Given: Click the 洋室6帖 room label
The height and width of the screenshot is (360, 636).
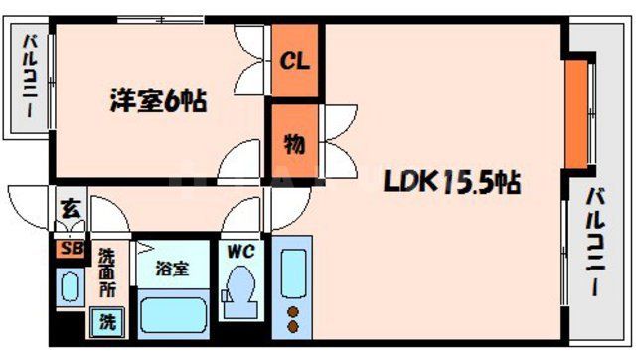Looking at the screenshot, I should click(x=157, y=101).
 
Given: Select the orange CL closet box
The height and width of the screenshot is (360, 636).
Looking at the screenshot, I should click(x=295, y=61).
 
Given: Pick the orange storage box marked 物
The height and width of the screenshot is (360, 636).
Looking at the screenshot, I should click(x=295, y=144).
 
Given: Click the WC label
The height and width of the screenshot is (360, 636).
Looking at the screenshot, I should click(x=241, y=250).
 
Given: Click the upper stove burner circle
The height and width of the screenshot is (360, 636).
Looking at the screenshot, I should click(x=294, y=311).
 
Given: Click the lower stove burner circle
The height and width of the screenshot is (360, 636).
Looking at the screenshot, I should click(x=294, y=325).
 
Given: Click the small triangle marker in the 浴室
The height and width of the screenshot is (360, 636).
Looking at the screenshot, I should click(x=142, y=246).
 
